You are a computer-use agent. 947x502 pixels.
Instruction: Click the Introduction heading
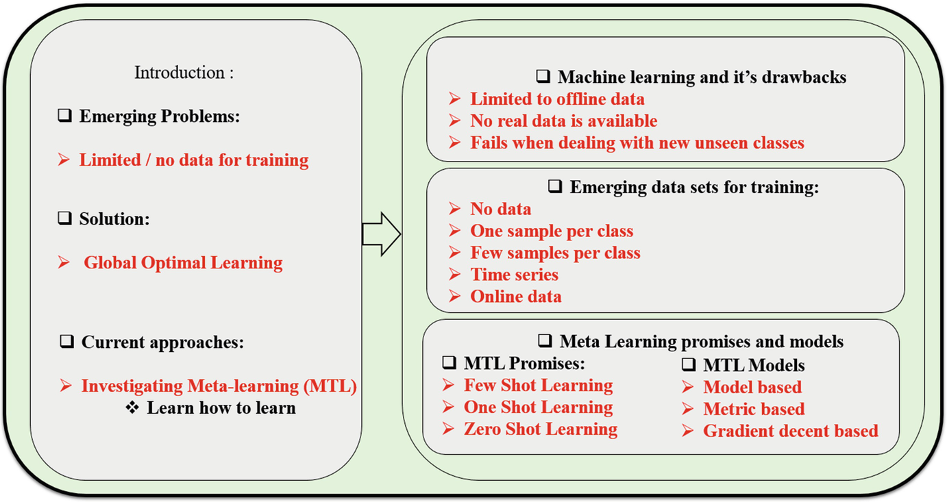184,73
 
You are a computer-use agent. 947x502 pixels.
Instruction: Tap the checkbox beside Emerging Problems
64,115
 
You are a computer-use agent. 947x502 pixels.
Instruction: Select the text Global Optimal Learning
183,262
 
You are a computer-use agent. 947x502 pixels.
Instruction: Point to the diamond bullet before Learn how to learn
132,407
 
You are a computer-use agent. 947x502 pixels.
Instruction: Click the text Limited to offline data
557,99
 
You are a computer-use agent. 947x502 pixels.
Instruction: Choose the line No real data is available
563,121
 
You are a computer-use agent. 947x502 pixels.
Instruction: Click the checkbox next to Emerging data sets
555,186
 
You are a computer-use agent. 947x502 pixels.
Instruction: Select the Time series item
514,275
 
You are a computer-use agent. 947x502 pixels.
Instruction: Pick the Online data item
516,297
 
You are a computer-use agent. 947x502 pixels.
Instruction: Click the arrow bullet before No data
454,209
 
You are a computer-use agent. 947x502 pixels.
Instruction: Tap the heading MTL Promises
524,363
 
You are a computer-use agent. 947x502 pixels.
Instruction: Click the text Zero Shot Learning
541,429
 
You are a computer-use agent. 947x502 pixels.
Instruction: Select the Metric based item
754,409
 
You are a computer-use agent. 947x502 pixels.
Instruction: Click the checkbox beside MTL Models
689,364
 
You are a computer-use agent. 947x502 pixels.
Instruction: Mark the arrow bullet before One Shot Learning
448,407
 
